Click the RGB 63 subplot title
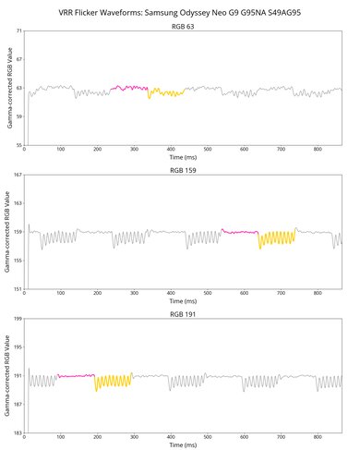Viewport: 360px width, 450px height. (183, 27)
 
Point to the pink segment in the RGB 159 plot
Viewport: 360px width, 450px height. (240, 232)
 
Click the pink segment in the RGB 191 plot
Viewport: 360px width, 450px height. (76, 375)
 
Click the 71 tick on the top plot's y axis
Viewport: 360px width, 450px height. (18, 31)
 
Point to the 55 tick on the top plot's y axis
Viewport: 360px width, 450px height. (18, 146)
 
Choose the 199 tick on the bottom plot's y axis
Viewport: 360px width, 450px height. (18, 318)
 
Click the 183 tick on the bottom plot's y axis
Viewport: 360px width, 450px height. (18, 432)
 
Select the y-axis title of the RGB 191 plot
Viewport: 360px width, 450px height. (7, 375)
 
